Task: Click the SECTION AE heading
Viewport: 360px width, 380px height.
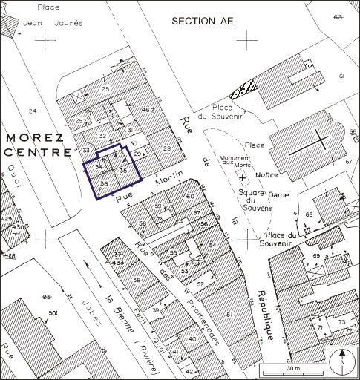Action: coord(202,21)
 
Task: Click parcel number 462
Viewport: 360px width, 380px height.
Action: coord(147,111)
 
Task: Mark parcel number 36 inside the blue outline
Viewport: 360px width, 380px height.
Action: coord(105,183)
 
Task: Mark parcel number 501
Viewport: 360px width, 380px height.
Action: coord(53,315)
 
